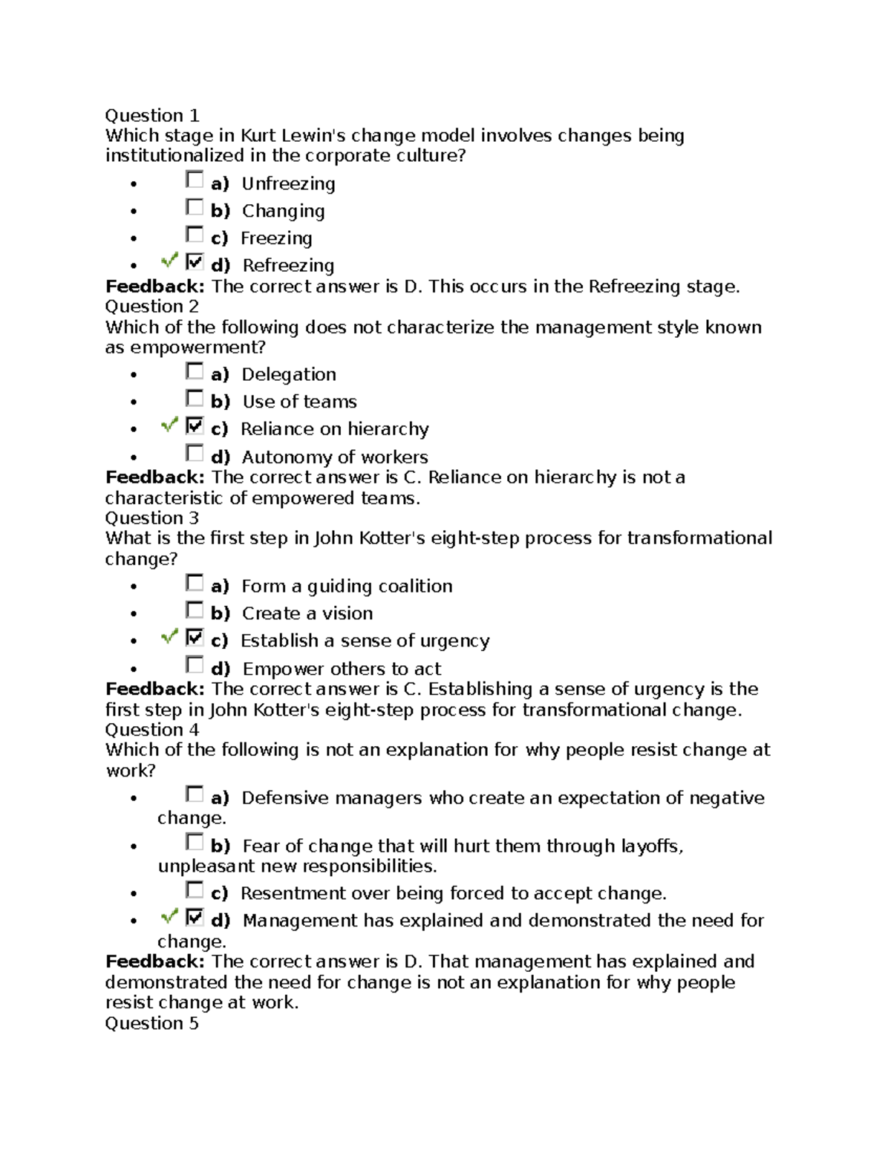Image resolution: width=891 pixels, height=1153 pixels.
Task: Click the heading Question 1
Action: [x=151, y=116]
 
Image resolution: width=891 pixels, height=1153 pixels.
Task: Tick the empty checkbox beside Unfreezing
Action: [x=195, y=180]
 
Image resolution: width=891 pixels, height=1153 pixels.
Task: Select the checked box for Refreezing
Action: [x=195, y=262]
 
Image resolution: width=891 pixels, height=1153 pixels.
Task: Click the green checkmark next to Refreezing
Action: [x=169, y=261]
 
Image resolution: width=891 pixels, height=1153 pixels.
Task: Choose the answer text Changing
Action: [x=283, y=212]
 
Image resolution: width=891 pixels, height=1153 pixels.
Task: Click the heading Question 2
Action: [x=151, y=307]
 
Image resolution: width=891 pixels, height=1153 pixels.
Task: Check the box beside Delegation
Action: [x=195, y=371]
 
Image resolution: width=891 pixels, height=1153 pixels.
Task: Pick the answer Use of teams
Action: [x=299, y=402]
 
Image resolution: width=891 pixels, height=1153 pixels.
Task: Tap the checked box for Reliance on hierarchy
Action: [x=195, y=426]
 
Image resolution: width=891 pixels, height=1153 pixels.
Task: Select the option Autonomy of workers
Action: [x=334, y=457]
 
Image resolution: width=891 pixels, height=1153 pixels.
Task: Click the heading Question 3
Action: [x=151, y=518]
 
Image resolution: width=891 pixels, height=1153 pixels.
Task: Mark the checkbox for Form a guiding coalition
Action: [x=195, y=583]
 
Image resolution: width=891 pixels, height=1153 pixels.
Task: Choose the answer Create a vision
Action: [x=307, y=614]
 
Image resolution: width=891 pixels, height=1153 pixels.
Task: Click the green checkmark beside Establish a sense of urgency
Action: [x=169, y=637]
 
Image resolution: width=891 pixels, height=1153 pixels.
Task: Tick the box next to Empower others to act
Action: [x=195, y=665]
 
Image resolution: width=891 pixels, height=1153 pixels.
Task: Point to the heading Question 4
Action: [x=151, y=730]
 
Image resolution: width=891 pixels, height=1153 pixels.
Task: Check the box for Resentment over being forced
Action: [x=195, y=890]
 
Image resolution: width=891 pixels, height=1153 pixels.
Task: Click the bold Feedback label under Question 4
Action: [x=154, y=962]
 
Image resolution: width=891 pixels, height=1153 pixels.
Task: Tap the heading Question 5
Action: [x=151, y=1024]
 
